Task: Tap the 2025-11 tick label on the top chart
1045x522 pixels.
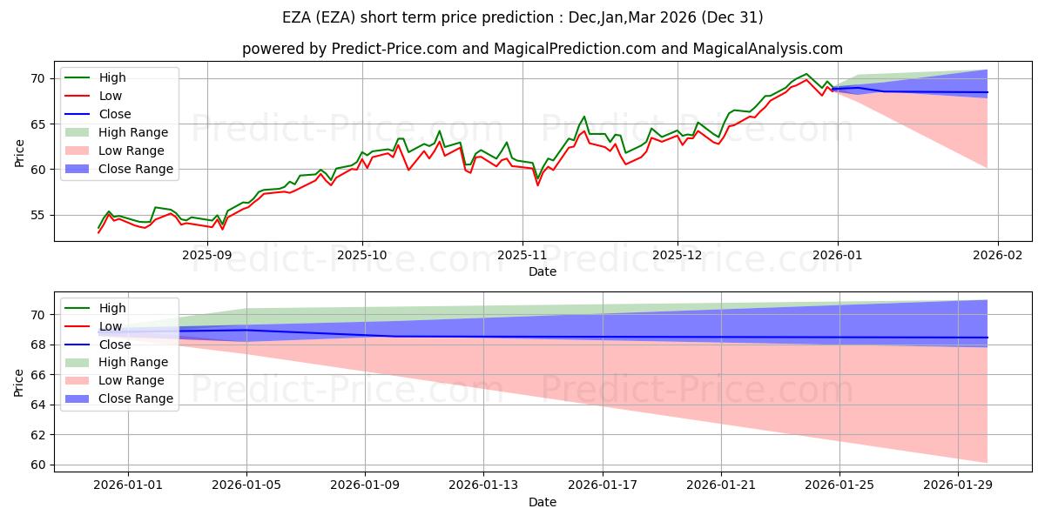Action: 522,255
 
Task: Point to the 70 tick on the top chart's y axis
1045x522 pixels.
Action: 37,78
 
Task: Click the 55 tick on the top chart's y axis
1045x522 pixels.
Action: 37,215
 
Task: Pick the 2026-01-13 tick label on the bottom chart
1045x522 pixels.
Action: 483,485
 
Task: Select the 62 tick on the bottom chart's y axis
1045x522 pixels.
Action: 37,435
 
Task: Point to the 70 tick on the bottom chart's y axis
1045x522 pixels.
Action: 37,315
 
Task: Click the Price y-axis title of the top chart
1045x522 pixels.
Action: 20,152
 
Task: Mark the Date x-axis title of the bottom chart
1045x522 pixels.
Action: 543,502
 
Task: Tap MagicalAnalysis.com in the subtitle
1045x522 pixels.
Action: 769,50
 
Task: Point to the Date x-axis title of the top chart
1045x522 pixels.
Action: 543,271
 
